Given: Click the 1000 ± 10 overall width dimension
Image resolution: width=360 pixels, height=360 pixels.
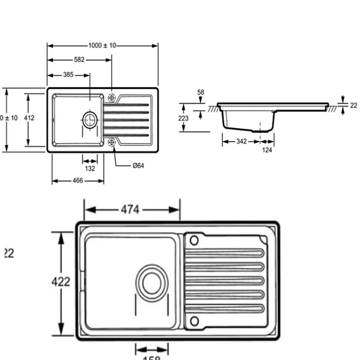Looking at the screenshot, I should coord(102,46).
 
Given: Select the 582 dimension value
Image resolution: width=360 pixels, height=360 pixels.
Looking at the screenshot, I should coord(79,60).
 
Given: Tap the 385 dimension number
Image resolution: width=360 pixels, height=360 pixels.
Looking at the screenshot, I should coord(68,75).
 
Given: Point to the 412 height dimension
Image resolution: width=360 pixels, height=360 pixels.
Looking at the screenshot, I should coord(29,118).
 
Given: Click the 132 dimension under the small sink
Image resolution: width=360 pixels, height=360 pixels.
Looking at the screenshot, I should coord(90,168).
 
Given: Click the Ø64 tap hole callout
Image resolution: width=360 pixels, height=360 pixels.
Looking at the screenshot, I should coord(138,166).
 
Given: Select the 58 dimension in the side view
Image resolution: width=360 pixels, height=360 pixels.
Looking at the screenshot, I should coord(201,92).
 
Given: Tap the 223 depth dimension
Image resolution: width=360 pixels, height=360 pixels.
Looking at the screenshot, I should coord(183,119).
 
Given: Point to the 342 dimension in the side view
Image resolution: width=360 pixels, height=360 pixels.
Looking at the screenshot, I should coord(241,142).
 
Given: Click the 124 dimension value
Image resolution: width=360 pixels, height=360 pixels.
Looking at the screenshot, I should coord(267,150).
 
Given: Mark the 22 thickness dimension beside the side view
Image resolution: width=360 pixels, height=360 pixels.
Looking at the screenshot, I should coord(353,105).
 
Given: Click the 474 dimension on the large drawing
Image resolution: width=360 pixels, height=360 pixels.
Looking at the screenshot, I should coord(130,210).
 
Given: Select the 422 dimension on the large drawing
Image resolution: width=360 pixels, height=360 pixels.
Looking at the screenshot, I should coord(60,282).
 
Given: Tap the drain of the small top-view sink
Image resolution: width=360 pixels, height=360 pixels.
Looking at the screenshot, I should coord(89,119).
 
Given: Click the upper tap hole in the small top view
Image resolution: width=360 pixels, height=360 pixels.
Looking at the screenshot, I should coord(111,98).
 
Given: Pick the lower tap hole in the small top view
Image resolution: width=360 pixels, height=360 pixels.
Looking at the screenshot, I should coord(111,142).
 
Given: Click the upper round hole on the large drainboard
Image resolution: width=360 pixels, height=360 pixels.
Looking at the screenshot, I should coord(194,241).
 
